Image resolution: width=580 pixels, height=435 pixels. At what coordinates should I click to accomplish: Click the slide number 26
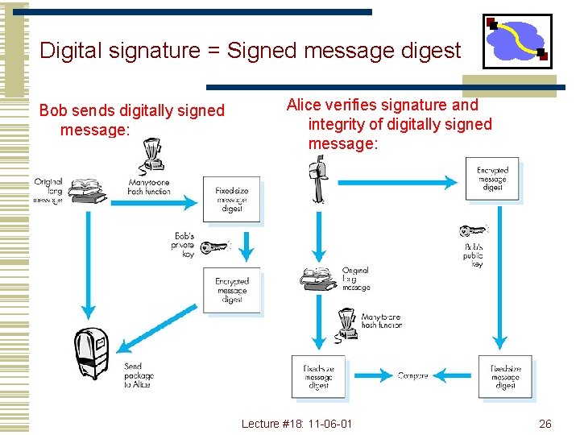(545, 424)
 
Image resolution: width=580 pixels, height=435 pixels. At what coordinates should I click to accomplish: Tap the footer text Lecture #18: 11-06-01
(297, 424)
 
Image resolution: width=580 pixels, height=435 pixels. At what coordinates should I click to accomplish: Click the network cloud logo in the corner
(516, 40)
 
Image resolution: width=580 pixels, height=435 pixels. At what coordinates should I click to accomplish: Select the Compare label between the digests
(412, 375)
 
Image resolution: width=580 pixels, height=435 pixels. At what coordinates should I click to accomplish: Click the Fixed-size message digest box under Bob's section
(231, 199)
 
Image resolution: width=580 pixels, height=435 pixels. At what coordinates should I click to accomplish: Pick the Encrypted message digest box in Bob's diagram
(231, 290)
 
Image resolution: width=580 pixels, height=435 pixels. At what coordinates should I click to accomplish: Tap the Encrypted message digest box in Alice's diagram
(492, 179)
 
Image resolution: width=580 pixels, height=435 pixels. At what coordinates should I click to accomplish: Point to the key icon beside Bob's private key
(215, 246)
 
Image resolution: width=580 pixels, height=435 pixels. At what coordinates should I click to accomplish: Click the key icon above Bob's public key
(474, 230)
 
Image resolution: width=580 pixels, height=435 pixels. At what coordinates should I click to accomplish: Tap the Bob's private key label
(183, 245)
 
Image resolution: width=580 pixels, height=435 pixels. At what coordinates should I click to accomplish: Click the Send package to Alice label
(137, 375)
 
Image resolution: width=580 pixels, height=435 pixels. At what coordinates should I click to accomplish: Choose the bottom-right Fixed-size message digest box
(505, 377)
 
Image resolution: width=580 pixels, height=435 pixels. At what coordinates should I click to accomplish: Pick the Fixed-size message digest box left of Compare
(318, 377)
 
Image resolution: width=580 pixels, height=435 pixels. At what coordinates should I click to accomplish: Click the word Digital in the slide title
(68, 51)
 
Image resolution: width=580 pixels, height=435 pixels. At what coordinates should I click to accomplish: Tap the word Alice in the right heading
(304, 105)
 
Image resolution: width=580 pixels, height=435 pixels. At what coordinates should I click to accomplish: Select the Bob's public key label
(473, 255)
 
